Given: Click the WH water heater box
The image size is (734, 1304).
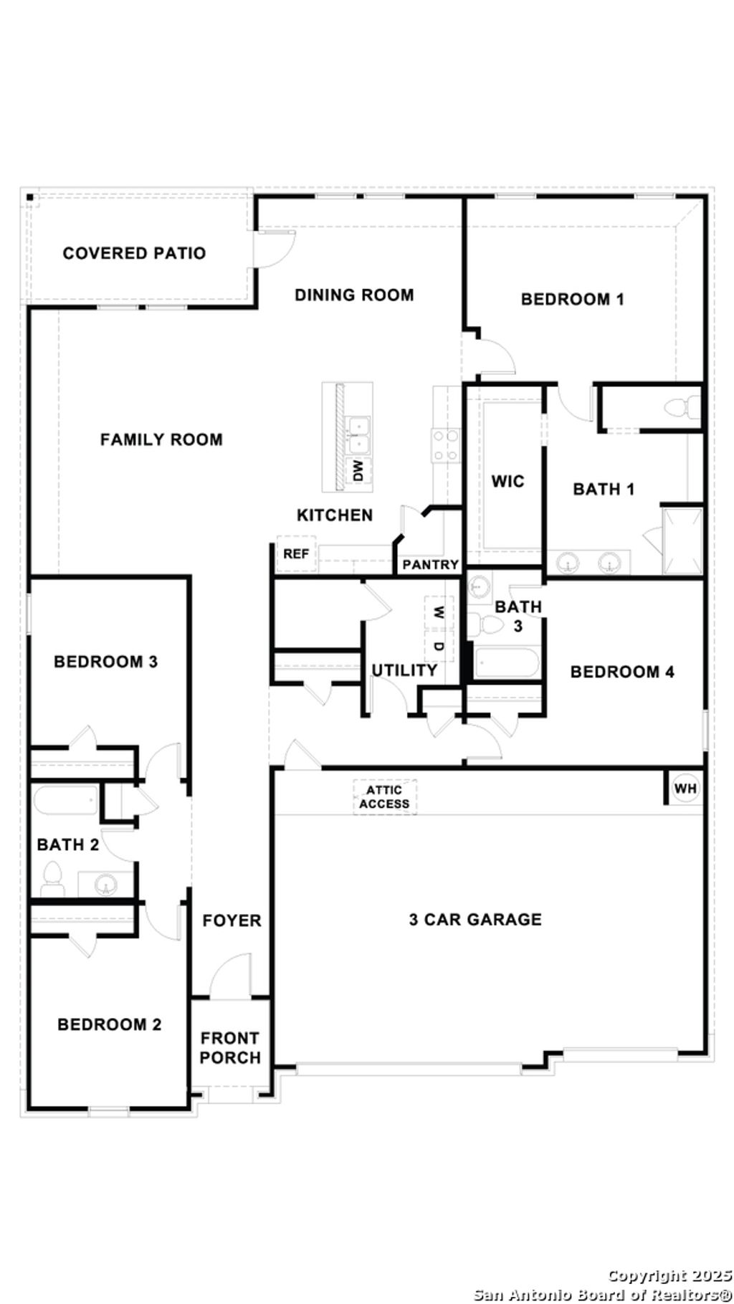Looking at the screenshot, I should (685, 789).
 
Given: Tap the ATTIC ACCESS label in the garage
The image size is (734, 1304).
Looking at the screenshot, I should (384, 796).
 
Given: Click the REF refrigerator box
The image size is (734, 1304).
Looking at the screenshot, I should (296, 553).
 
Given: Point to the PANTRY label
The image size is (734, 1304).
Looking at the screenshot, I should (430, 564).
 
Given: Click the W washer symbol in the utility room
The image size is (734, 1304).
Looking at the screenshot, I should (439, 612).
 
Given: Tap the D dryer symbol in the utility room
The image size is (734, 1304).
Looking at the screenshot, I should (439, 646).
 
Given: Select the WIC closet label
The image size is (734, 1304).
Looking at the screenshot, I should (507, 481).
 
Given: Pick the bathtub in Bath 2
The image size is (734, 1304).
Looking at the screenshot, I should (65, 799).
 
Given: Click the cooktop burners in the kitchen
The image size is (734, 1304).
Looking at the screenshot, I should (445, 445).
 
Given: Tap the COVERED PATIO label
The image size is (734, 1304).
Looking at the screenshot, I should (134, 253).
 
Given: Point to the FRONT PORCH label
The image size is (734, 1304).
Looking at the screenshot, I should (230, 1047).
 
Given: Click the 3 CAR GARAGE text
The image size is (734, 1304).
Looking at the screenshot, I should (475, 919).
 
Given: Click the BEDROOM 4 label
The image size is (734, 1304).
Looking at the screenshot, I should (622, 672).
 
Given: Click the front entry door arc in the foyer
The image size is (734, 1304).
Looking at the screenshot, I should (229, 975).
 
